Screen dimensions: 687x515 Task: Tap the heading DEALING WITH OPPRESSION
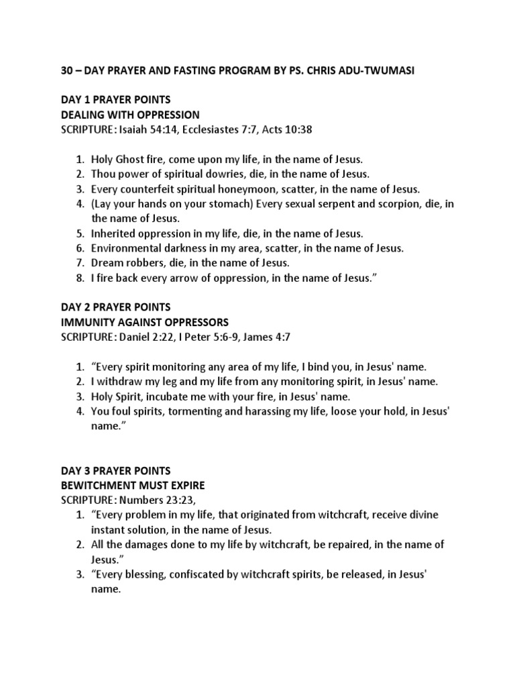(x=130, y=115)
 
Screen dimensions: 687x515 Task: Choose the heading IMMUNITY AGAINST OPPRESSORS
(x=144, y=322)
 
